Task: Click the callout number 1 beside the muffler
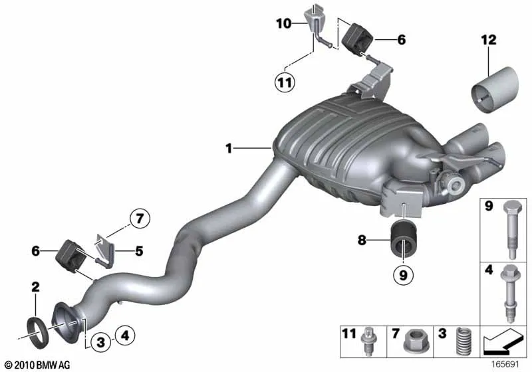[229, 148]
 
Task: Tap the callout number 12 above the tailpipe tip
[489, 41]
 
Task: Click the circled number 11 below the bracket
[285, 82]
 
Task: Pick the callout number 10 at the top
[284, 24]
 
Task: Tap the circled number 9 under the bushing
[403, 275]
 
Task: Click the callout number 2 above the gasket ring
[35, 287]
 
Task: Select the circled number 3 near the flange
[101, 342]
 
